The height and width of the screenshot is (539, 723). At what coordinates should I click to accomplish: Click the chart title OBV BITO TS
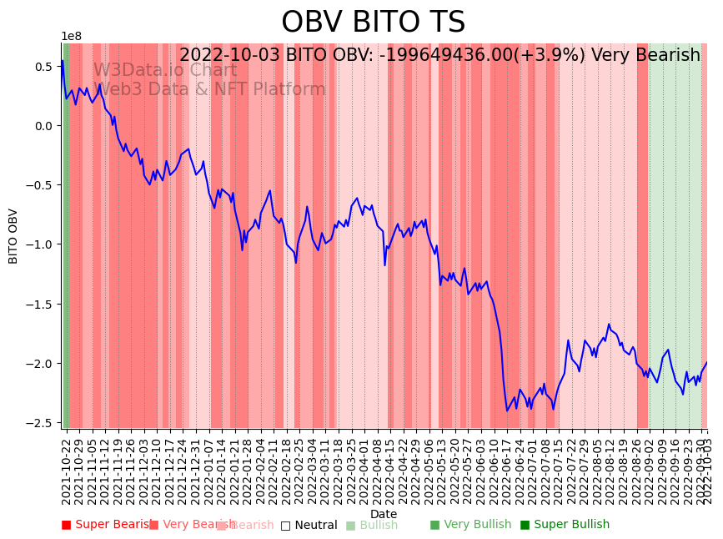(373, 23)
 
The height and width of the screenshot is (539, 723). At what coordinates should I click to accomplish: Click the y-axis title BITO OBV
(13, 236)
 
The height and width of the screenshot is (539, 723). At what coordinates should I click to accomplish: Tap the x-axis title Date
(384, 514)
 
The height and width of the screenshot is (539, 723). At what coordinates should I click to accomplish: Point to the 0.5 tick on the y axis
(43, 67)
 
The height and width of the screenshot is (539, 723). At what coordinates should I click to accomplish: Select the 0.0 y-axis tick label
(43, 126)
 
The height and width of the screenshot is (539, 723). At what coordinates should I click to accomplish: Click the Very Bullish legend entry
(470, 525)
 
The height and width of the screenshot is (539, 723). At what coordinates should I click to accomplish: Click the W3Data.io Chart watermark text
(165, 70)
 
